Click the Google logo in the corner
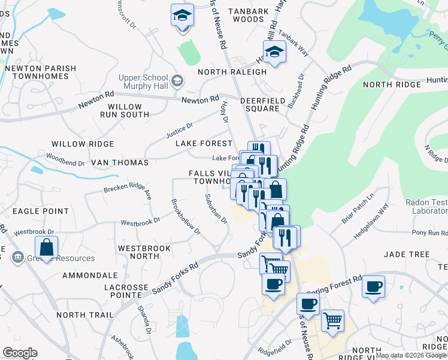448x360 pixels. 20,353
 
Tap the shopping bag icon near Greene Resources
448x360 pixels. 46,247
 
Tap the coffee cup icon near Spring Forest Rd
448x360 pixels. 374,287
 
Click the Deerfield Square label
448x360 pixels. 260,104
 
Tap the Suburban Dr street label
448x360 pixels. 216,208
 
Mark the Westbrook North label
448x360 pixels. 144,252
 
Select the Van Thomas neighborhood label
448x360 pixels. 119,163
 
